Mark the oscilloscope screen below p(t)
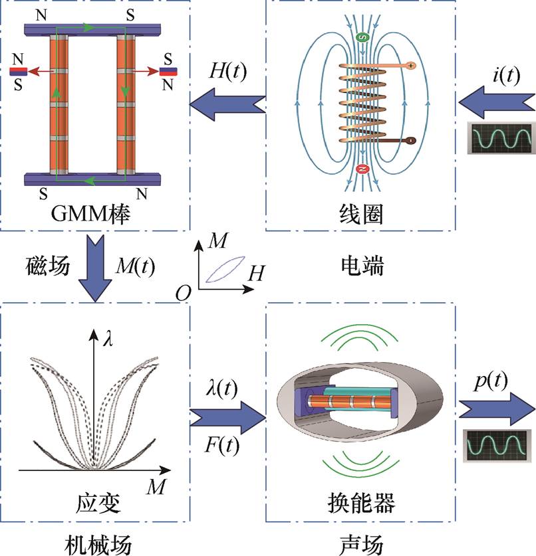coord(497,443)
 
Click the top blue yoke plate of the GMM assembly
coord(94,30)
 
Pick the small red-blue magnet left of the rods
coord(19,70)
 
